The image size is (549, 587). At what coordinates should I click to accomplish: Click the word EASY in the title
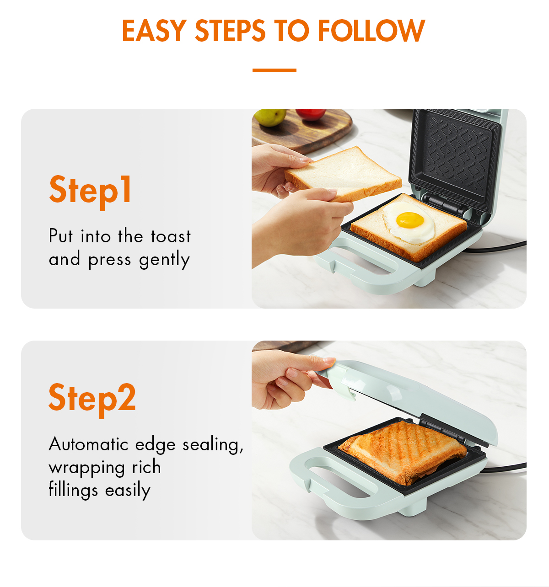153,31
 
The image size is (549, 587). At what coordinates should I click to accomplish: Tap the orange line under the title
274,70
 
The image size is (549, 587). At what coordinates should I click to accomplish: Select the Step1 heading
91,190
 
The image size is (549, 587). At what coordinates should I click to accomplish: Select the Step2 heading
92,398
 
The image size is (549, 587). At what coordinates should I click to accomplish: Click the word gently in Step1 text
164,260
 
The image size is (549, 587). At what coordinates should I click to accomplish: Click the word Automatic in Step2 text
88,444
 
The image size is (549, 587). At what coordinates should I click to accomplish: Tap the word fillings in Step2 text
73,490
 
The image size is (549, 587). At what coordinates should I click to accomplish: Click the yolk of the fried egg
409,220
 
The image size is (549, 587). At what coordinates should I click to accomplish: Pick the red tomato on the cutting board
311,114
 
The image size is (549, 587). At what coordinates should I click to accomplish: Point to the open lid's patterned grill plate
455,155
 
